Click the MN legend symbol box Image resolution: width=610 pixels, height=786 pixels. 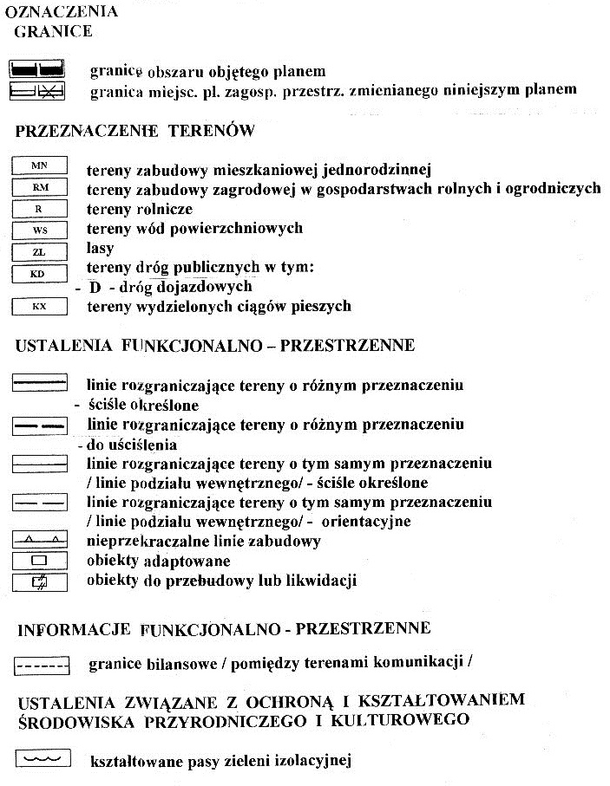click(x=39, y=165)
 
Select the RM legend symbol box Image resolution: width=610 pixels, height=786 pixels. click(x=39, y=186)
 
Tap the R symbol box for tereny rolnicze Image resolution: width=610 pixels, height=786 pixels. click(x=39, y=208)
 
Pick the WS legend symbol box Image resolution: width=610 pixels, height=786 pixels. click(x=39, y=230)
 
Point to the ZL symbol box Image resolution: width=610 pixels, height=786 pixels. click(x=39, y=251)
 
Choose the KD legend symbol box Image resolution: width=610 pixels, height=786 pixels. click(x=39, y=273)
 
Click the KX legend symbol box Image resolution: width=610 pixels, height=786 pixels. click(x=39, y=306)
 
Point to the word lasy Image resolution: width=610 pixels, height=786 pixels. click(x=101, y=249)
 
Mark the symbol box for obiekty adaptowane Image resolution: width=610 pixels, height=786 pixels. click(x=39, y=562)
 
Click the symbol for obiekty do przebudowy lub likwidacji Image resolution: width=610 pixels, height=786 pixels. click(x=39, y=581)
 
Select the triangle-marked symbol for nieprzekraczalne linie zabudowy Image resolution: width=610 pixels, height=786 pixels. click(x=39, y=541)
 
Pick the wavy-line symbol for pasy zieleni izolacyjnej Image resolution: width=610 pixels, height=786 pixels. click(x=41, y=759)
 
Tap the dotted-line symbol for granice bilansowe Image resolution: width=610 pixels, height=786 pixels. click(x=42, y=666)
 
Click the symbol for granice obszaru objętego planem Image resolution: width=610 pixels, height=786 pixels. click(x=37, y=68)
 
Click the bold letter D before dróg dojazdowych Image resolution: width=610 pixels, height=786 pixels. click(x=95, y=287)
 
